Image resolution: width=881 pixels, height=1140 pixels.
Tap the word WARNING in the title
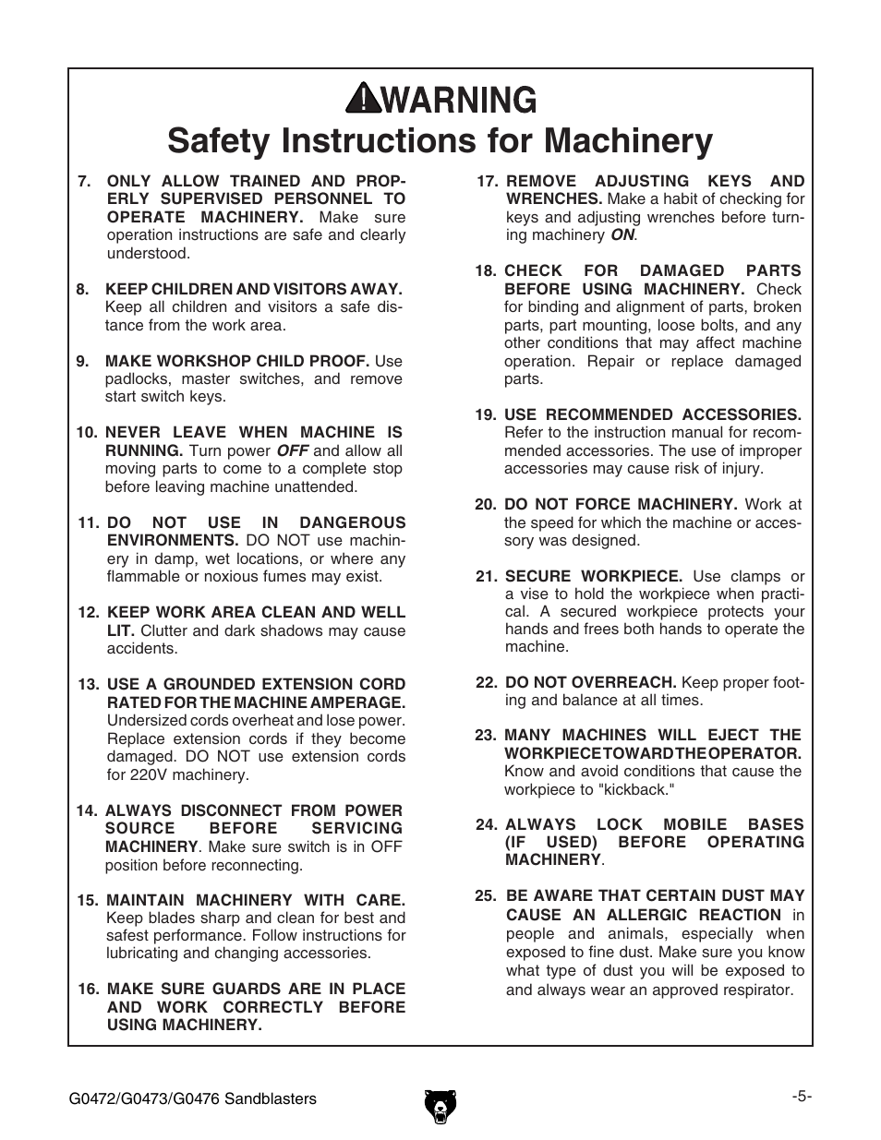(460, 99)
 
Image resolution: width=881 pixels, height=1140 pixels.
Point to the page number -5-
(801, 1097)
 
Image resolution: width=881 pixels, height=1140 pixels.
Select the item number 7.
(84, 182)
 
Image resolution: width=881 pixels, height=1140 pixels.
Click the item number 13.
(88, 685)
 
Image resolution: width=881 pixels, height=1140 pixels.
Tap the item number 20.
(486, 505)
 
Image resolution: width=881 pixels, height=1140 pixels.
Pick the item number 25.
(486, 896)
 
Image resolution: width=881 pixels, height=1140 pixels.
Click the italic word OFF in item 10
(293, 451)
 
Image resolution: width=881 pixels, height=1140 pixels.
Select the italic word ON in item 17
(622, 235)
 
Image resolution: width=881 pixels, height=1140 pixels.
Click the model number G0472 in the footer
(91, 1098)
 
